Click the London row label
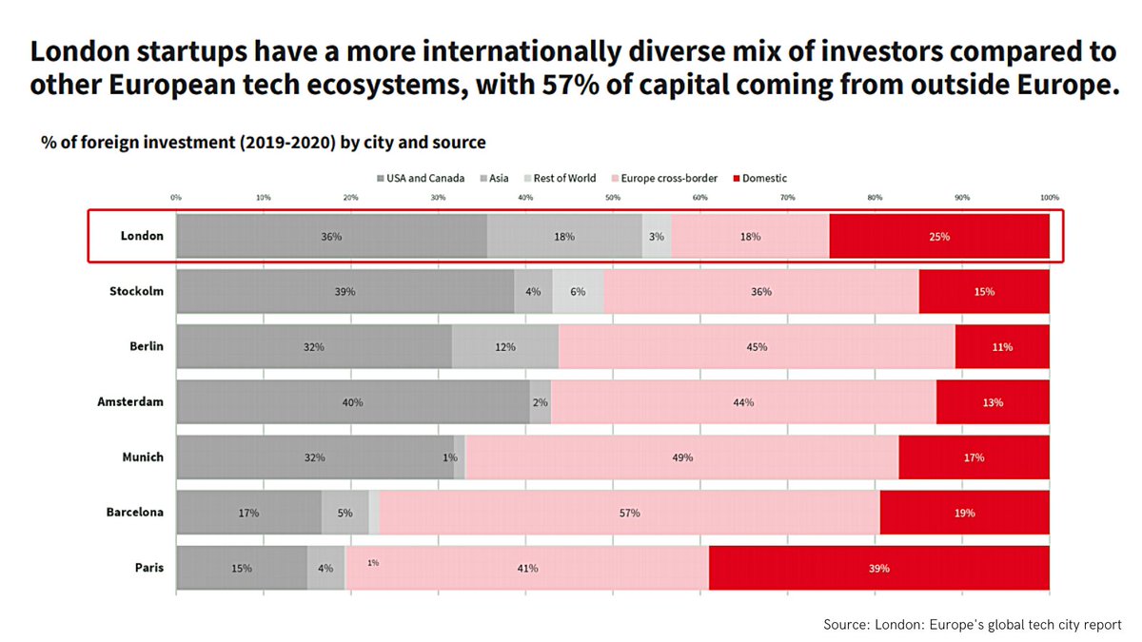click(x=142, y=236)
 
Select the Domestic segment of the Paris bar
click(x=878, y=568)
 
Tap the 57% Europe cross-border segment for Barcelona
click(x=629, y=513)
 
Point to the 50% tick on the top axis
click(x=613, y=198)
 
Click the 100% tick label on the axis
click(x=1049, y=198)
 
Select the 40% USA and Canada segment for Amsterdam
click(x=352, y=402)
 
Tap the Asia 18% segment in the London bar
click(x=564, y=237)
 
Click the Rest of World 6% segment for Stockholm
click(x=578, y=292)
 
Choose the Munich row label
click(x=142, y=457)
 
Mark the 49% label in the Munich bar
click(x=682, y=457)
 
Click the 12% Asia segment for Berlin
click(x=504, y=347)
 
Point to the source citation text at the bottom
click(x=972, y=625)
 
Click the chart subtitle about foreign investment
click(x=264, y=143)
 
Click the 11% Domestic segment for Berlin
click(x=1002, y=347)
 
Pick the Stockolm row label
click(x=136, y=291)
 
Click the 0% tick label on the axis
click(x=176, y=198)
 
